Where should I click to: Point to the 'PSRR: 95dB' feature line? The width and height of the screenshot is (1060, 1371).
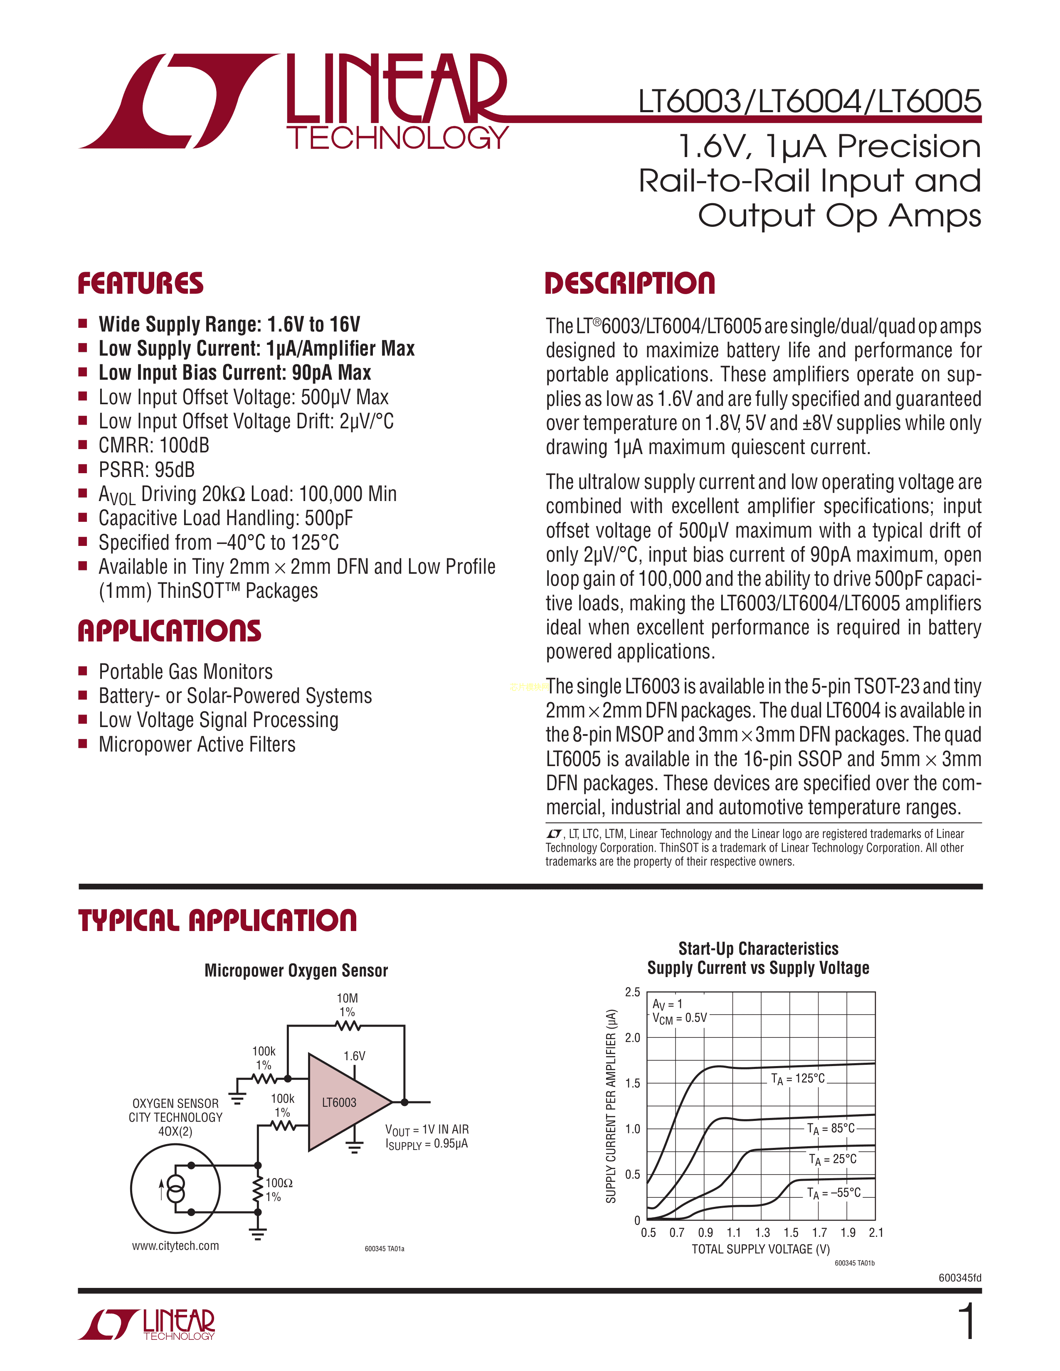click(147, 469)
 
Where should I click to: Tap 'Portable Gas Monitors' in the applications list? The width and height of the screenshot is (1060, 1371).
click(185, 672)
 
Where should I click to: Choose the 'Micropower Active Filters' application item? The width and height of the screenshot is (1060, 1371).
click(197, 744)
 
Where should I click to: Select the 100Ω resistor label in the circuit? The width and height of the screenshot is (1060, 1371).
click(279, 1183)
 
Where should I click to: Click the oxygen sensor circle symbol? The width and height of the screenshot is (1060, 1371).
click(175, 1188)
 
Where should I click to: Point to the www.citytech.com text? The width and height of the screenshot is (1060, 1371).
click(175, 1246)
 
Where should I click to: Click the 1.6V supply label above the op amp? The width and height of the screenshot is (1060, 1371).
click(354, 1056)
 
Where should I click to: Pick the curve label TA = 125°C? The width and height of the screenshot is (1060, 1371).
click(798, 1079)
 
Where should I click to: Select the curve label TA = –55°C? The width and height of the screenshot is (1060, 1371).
click(833, 1193)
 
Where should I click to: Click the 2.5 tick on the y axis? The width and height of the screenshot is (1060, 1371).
click(632, 993)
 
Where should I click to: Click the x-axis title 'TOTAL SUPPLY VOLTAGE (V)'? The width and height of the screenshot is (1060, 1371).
click(760, 1249)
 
